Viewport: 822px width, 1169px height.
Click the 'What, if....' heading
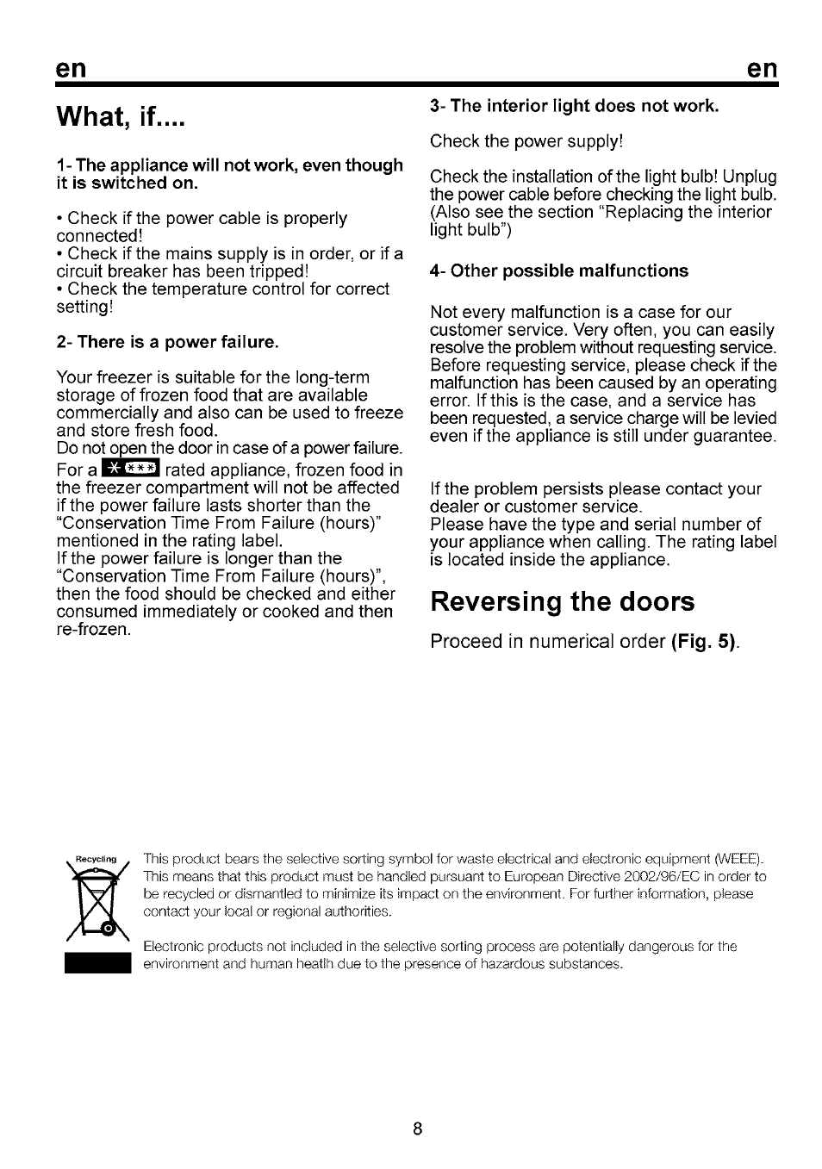click(x=121, y=116)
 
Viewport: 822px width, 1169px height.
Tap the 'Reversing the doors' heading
click(x=562, y=600)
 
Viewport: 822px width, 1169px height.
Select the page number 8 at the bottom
click(x=416, y=1129)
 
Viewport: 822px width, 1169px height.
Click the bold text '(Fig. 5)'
click(x=706, y=643)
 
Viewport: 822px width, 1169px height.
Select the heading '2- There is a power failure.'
click(x=167, y=342)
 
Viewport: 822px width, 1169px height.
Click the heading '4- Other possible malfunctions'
click(x=558, y=271)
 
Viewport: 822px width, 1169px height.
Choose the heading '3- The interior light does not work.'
click(x=574, y=106)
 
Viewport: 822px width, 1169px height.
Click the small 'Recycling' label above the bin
click(x=96, y=859)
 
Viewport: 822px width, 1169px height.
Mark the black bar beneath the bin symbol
click(x=96, y=962)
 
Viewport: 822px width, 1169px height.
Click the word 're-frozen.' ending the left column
click(x=94, y=630)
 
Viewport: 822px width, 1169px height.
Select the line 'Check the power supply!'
click(x=526, y=141)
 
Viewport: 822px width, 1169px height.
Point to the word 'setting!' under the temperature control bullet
click(x=84, y=307)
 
